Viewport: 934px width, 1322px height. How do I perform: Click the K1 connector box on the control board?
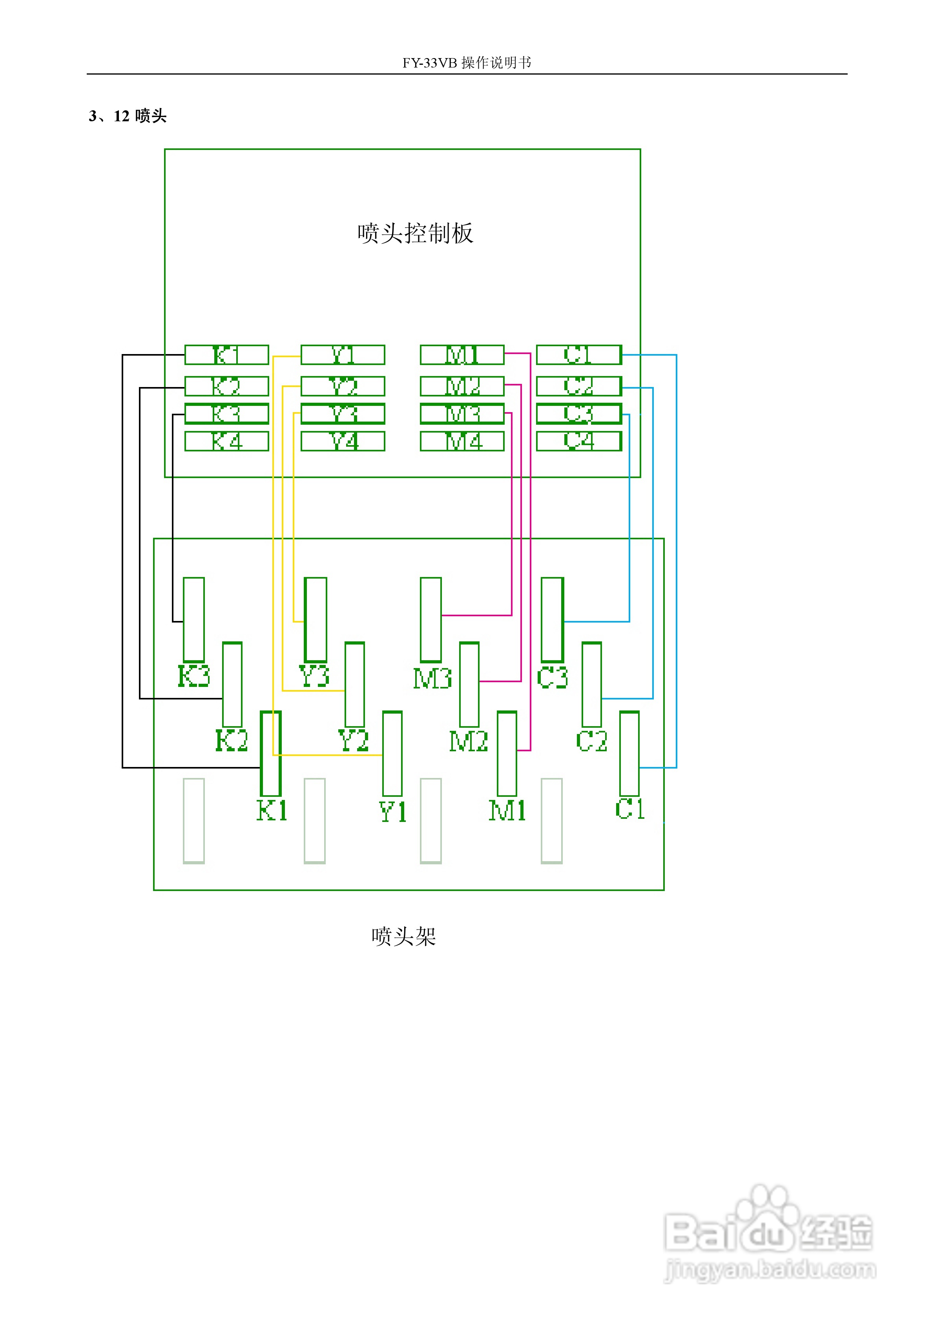[226, 355]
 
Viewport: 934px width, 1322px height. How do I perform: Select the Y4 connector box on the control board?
[343, 441]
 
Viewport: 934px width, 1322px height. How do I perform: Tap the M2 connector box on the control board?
[462, 386]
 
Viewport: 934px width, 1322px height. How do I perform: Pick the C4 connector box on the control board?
[579, 441]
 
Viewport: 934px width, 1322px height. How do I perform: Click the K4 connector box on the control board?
[226, 441]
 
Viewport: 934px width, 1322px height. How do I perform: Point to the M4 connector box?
[462, 441]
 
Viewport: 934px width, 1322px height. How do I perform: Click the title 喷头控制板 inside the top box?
[414, 233]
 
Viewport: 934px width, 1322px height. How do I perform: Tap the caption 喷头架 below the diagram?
[403, 936]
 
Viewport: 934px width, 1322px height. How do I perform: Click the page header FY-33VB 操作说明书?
[467, 62]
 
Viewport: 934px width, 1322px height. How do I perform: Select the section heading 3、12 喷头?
[128, 116]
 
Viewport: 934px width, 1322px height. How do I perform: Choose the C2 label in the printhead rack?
[591, 741]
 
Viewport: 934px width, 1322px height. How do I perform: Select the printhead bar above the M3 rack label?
[431, 619]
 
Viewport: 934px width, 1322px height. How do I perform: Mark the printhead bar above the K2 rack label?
[232, 685]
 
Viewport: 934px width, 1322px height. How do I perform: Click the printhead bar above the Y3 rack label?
[315, 619]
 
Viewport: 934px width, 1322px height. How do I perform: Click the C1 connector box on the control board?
[579, 355]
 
